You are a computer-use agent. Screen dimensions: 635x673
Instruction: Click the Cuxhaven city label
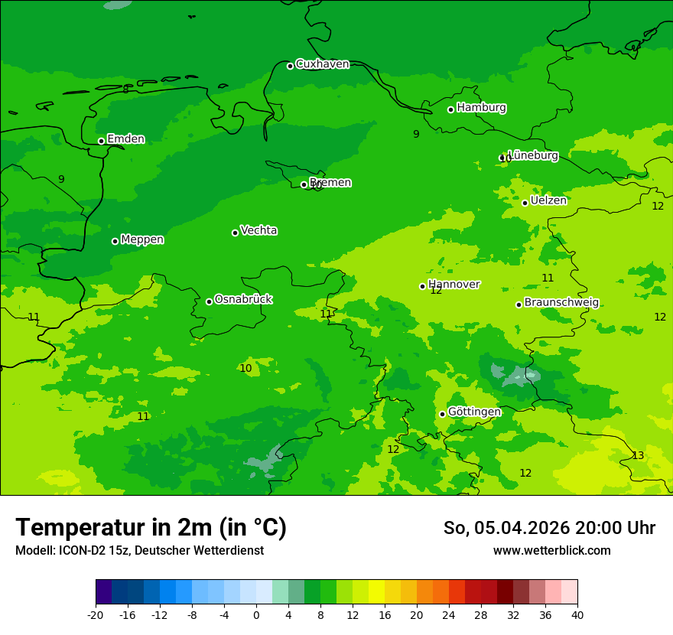point(322,64)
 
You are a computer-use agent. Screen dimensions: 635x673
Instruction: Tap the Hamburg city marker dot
point(451,109)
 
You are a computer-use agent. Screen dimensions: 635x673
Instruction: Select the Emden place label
point(125,139)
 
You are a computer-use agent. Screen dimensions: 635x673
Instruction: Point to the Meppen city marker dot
point(115,241)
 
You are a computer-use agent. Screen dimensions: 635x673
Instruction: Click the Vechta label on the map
point(258,230)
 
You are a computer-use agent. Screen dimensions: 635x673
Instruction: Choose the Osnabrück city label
point(243,299)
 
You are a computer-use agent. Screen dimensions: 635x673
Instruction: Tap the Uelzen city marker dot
point(525,203)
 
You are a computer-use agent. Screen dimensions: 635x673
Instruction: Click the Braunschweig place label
point(561,303)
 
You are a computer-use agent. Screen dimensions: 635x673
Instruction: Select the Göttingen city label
point(474,412)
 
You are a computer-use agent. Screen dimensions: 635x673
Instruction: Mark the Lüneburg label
point(532,155)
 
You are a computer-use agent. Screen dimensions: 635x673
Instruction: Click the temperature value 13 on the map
point(638,456)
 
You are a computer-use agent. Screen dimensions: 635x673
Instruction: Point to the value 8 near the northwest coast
point(126,90)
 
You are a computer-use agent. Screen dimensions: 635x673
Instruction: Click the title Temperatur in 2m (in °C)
point(151,528)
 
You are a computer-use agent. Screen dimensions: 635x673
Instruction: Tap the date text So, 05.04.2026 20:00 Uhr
point(549,528)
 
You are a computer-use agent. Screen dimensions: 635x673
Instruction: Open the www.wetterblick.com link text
point(551,551)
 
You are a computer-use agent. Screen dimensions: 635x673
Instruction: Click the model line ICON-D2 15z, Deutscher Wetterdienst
point(139,551)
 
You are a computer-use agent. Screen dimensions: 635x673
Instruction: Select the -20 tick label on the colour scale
point(96,614)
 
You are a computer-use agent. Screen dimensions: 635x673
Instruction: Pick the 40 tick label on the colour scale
point(577,614)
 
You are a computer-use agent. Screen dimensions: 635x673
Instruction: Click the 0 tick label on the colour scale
point(256,614)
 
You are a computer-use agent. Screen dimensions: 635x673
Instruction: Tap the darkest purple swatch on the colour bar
point(103,592)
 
